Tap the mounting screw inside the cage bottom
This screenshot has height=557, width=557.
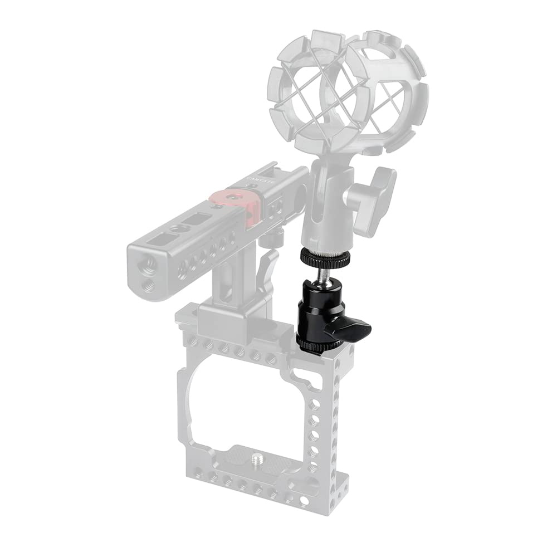(258, 458)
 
